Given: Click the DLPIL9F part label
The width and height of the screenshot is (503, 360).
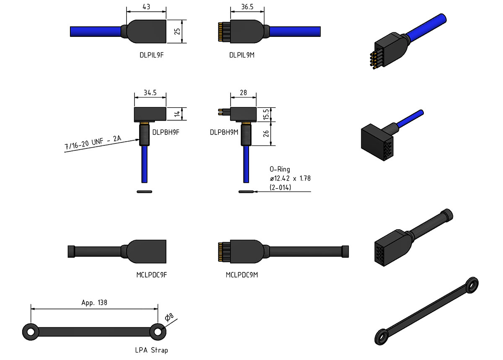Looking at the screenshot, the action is [152, 55].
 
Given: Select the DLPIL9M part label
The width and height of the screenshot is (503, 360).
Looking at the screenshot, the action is [242, 55].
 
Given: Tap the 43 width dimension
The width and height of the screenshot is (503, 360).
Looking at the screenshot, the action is [146, 7].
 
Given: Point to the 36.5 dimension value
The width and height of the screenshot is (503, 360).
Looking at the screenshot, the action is [247, 7].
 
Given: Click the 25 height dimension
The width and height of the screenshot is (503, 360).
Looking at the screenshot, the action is [177, 31].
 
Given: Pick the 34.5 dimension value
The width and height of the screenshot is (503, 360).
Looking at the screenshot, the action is [150, 93].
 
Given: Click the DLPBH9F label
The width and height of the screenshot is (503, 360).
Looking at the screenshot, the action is [166, 132].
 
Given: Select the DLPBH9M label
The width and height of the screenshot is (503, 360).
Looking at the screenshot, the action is [224, 132].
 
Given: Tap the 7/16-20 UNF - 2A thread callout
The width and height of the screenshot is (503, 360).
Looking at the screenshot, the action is [93, 142].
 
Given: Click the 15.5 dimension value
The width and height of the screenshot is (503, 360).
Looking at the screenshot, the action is [266, 114].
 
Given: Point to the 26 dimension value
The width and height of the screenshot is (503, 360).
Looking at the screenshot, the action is [266, 134].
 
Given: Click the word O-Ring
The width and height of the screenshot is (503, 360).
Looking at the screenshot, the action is [280, 169].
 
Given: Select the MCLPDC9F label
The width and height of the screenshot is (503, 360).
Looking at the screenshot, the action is [152, 275].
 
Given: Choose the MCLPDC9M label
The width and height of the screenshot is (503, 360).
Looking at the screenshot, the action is [242, 275].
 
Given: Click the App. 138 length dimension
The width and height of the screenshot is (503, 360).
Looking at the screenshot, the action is [94, 303].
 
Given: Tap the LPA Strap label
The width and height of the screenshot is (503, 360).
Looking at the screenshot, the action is [152, 350].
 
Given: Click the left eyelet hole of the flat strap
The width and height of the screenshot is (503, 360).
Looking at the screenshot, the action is [31, 332].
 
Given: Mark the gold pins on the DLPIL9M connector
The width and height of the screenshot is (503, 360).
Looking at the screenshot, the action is [220, 32].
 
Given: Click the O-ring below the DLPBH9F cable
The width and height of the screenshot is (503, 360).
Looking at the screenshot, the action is [144, 192].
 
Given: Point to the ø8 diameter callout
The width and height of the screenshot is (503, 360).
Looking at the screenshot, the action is [169, 317].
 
